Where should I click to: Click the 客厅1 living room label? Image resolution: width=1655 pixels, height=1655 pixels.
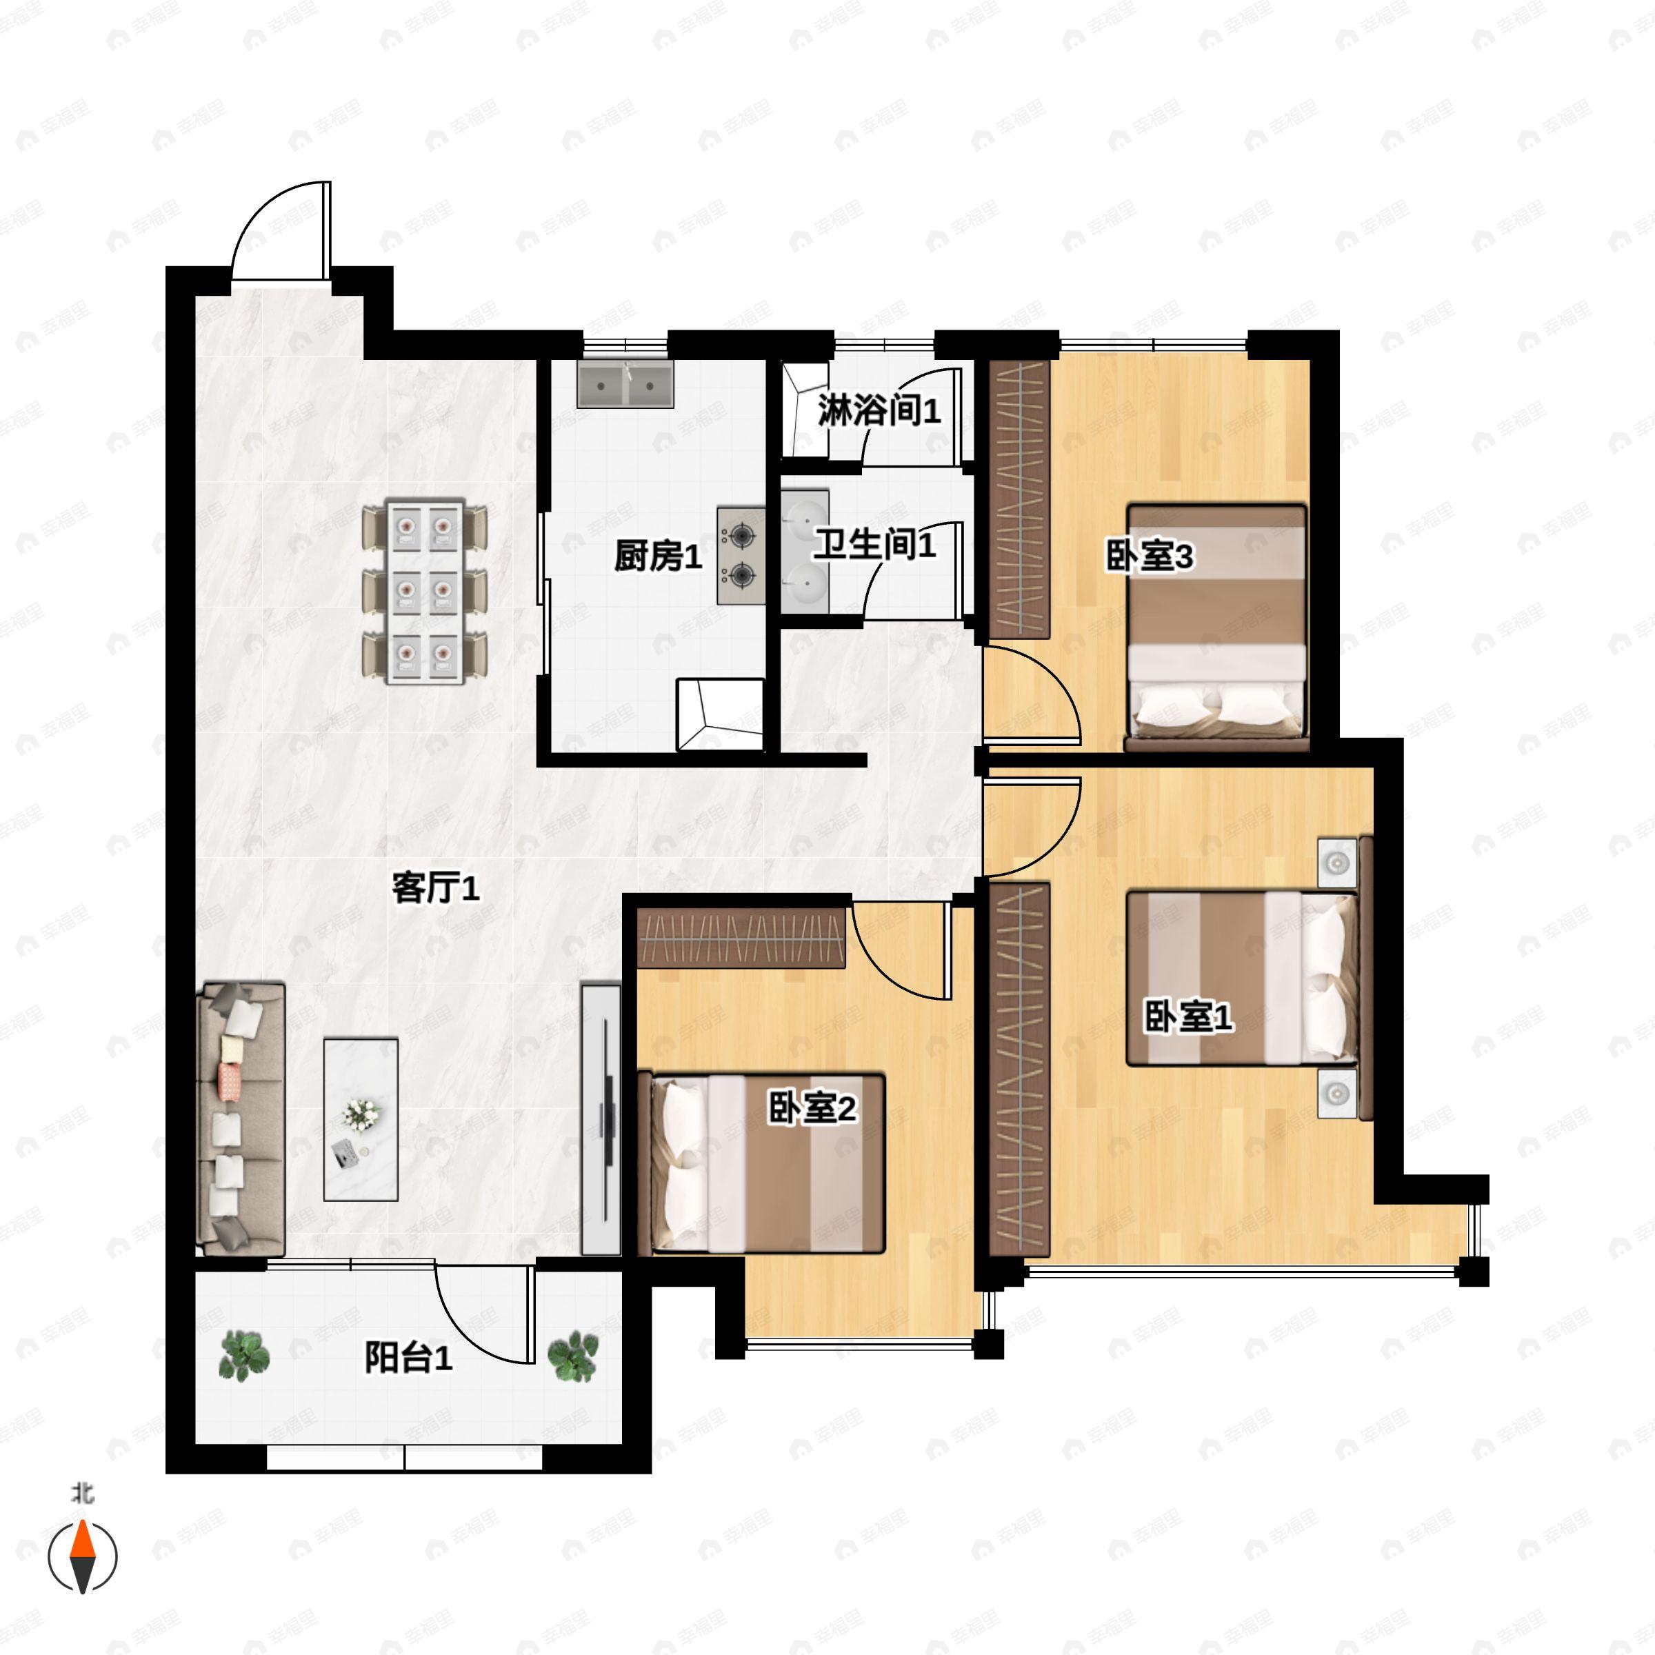[435, 888]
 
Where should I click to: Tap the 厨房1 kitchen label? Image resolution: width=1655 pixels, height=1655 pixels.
[658, 556]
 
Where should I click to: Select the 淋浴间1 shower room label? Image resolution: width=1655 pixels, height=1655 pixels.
[879, 411]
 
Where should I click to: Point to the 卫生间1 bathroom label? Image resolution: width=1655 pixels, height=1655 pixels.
[874, 544]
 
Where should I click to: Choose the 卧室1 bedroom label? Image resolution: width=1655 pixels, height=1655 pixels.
[1189, 1017]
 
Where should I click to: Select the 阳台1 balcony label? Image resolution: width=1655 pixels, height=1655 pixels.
[409, 1358]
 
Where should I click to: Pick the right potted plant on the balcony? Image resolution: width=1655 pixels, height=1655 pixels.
[573, 1356]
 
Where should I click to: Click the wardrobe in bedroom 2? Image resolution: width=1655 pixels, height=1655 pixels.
[742, 938]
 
